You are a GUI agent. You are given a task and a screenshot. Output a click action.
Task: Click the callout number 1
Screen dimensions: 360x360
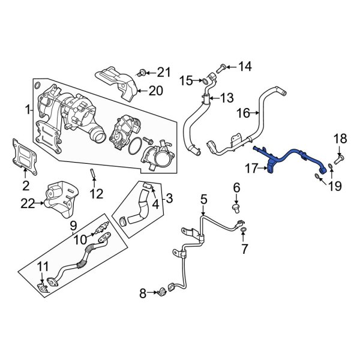[27, 110]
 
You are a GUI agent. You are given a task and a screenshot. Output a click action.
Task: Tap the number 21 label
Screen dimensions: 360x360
[164, 73]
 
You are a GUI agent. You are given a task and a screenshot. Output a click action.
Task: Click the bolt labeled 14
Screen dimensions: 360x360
[221, 66]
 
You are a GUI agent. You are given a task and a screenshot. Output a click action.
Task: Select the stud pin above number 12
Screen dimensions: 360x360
[94, 175]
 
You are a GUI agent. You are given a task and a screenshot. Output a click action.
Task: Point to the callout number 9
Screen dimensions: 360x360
[73, 226]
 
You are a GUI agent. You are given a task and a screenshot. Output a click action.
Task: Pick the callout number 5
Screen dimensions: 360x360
[203, 199]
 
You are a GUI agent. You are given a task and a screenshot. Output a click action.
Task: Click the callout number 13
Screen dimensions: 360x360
[227, 98]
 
